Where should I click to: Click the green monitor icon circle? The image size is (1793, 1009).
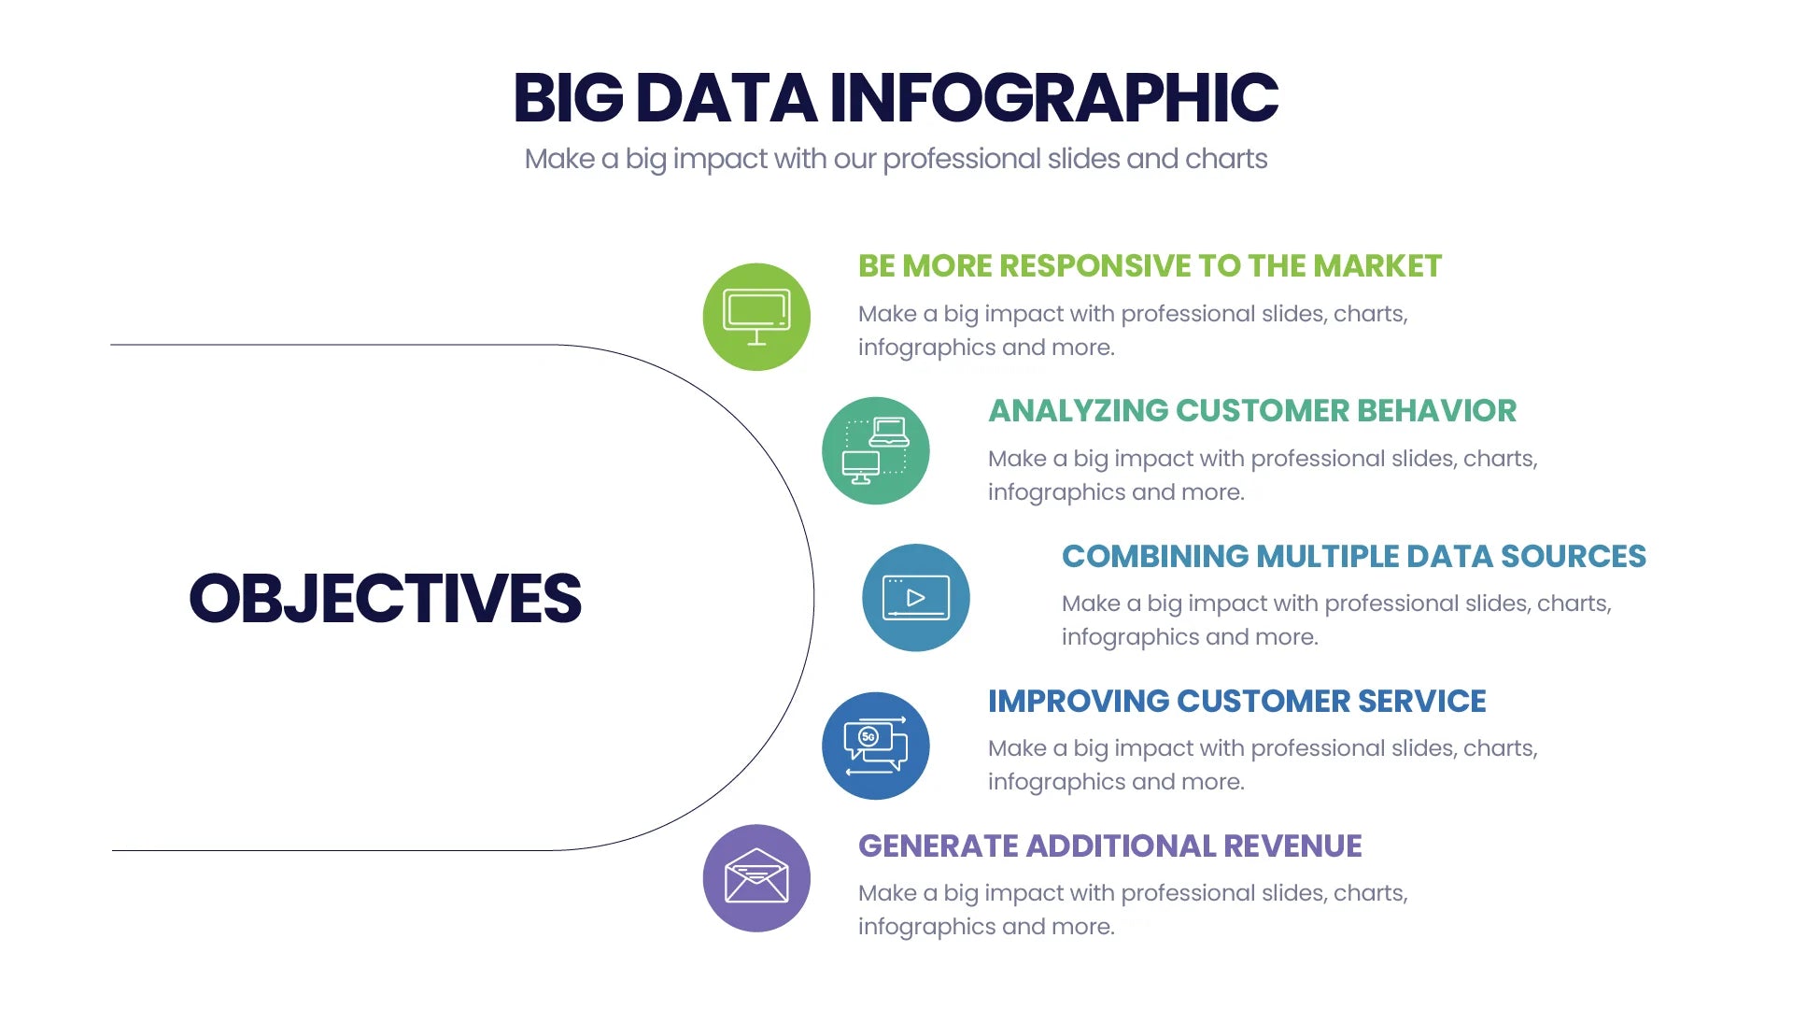coord(756,317)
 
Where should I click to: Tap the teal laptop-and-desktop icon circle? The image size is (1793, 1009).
coord(875,450)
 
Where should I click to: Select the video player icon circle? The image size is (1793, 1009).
coord(915,597)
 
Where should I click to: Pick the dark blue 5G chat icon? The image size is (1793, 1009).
coord(875,746)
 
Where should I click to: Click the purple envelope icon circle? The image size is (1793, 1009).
coord(756,878)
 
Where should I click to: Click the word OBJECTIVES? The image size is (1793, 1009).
coord(385,599)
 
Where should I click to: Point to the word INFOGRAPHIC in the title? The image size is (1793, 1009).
coord(1053,98)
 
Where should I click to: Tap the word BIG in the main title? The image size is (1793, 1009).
coord(568,98)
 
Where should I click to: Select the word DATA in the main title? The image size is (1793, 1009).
coord(727,98)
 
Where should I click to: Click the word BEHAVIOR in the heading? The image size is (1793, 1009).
coord(1436,411)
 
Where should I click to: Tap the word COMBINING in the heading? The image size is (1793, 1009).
coord(1154,557)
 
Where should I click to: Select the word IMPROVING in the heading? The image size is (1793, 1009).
coord(1078,702)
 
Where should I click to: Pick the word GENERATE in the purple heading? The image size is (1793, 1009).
coord(938,846)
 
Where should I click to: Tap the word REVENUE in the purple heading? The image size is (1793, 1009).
coord(1292,846)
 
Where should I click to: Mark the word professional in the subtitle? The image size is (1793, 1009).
coord(961,160)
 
